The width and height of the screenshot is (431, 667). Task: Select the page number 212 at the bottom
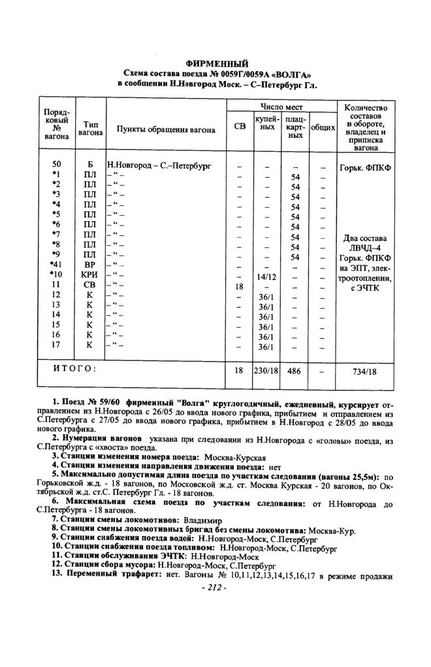(216, 587)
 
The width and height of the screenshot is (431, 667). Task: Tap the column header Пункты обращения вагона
(166, 129)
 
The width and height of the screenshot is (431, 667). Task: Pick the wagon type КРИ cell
(89, 275)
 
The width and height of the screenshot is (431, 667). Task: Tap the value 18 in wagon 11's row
(239, 286)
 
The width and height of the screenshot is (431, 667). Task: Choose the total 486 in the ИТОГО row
(295, 370)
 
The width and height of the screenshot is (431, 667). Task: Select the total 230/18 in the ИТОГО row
(265, 370)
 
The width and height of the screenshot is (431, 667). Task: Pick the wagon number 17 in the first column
(56, 345)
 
